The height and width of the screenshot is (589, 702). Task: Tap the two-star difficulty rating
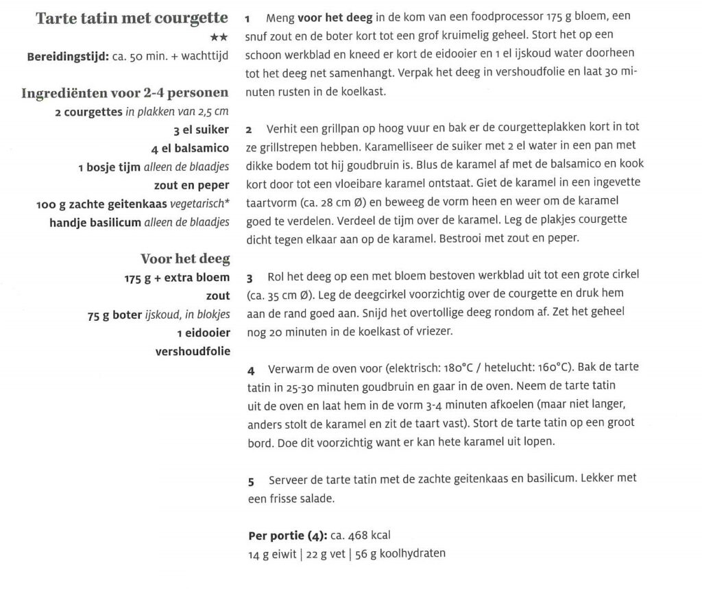click(219, 36)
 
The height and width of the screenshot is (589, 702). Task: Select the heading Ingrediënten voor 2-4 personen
click(125, 93)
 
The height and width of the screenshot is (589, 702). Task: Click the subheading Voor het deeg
click(184, 259)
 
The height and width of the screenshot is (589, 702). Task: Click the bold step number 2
click(250, 129)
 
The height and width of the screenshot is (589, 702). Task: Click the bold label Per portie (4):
click(287, 536)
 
